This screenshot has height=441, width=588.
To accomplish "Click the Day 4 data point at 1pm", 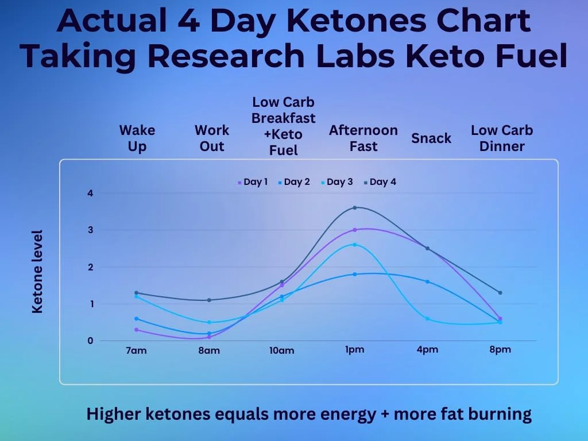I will [x=355, y=207].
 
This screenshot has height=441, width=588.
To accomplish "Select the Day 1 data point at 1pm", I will [x=355, y=230].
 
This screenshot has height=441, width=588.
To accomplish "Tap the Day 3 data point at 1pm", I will [x=355, y=245].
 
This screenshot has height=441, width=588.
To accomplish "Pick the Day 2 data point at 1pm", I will [x=355, y=274].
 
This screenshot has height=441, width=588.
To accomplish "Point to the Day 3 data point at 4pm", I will [x=427, y=319].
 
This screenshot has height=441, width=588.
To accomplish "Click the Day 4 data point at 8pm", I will [x=500, y=293].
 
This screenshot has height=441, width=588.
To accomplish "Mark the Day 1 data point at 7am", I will [x=136, y=330].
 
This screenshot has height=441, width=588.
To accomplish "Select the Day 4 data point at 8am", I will [x=209, y=300].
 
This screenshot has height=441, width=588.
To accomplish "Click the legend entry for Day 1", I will [x=253, y=182].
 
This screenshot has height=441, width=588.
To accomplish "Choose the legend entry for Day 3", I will [x=337, y=182].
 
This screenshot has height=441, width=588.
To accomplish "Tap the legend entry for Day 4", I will [x=380, y=182].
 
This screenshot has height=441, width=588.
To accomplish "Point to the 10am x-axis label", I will [x=281, y=350].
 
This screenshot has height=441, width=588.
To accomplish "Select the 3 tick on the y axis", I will [x=90, y=230].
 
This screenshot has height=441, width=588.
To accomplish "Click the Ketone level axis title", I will [x=37, y=272].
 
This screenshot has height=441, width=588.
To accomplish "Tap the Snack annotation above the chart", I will [x=431, y=138].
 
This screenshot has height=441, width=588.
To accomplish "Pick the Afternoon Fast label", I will [x=363, y=138].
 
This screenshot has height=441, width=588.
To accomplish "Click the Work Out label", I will [x=211, y=138].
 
